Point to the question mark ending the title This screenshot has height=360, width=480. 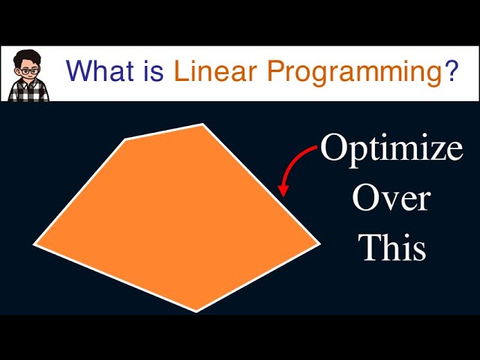tap(451, 72)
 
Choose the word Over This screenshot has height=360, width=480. tap(391, 199)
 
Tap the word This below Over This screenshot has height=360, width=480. tap(392, 247)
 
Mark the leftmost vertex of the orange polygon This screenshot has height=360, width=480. tap(34, 244)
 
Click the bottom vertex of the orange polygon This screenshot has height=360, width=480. tap(196, 310)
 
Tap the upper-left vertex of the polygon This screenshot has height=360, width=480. tap(126, 139)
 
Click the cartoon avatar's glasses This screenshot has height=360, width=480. tap(27, 68)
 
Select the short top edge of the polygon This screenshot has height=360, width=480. tap(164, 131)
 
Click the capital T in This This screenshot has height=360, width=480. tap(370, 247)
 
